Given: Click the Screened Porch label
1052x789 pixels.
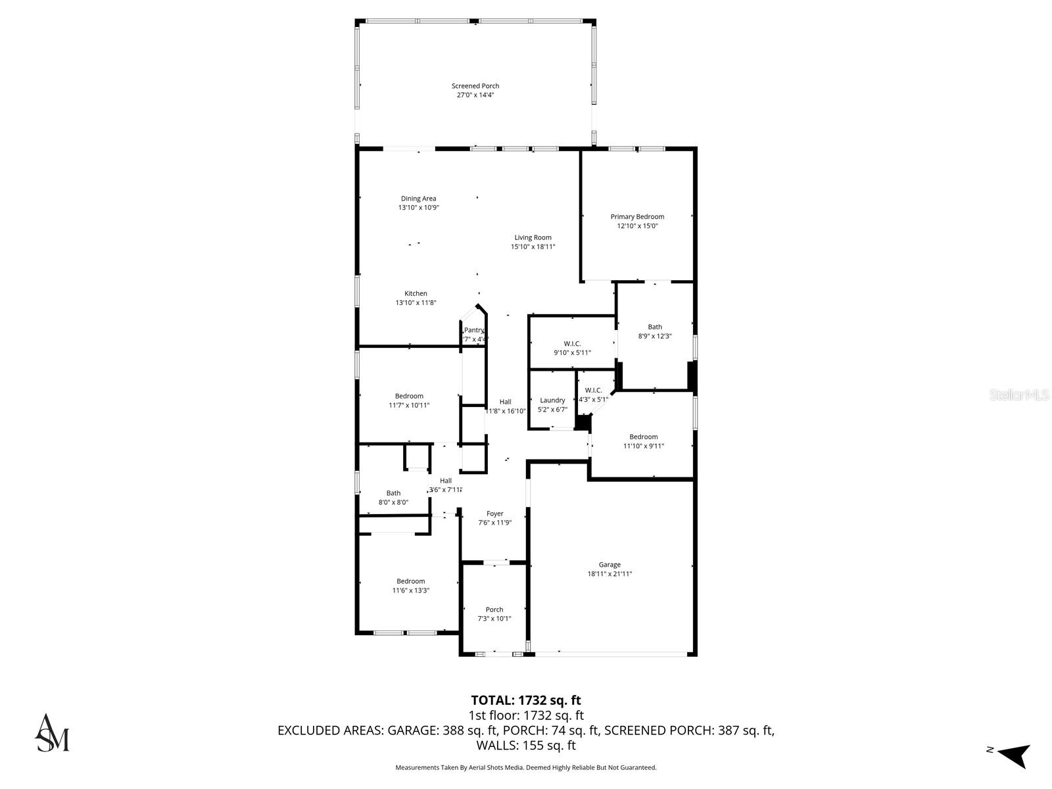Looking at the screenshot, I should tap(475, 86).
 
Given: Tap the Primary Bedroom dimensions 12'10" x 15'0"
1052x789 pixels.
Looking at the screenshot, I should tap(637, 226).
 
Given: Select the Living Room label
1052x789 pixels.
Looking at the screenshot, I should tap(533, 237).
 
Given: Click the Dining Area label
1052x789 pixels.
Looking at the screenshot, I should tap(418, 199).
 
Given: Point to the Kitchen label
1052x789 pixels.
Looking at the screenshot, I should tap(416, 294).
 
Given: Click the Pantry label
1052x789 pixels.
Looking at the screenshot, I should tap(474, 330).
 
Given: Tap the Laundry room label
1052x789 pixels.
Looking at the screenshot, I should tap(552, 400).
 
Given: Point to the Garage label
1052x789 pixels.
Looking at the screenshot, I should tap(610, 565).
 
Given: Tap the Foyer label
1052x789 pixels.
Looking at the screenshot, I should tap(494, 514).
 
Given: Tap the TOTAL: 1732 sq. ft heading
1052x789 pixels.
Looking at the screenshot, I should tap(525, 701).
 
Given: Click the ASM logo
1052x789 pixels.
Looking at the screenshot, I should tap(52, 732).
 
